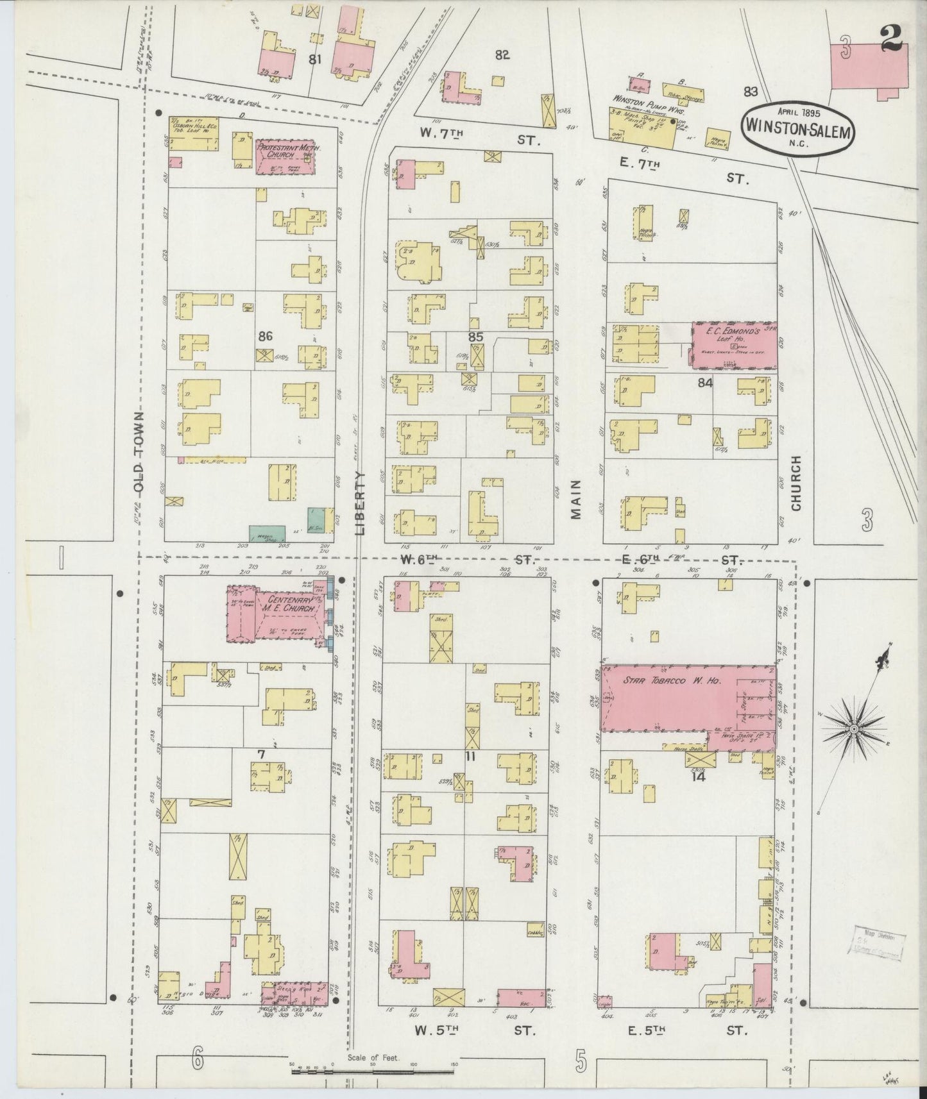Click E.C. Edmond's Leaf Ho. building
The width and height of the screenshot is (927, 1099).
pos(734,345)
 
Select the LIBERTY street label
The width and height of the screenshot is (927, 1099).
pos(359,503)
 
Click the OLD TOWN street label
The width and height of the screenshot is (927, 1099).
pos(139,452)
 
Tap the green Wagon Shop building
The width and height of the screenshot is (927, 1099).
pos(267,533)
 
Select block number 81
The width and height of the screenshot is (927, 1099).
pos(314,60)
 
